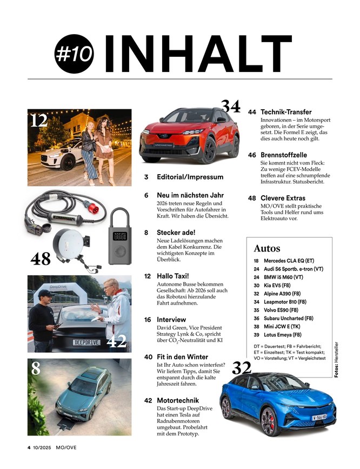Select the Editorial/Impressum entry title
[x=190, y=177]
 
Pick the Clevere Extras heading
[x=283, y=198]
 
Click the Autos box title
[x=267, y=248]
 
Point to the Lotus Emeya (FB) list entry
[x=288, y=334]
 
